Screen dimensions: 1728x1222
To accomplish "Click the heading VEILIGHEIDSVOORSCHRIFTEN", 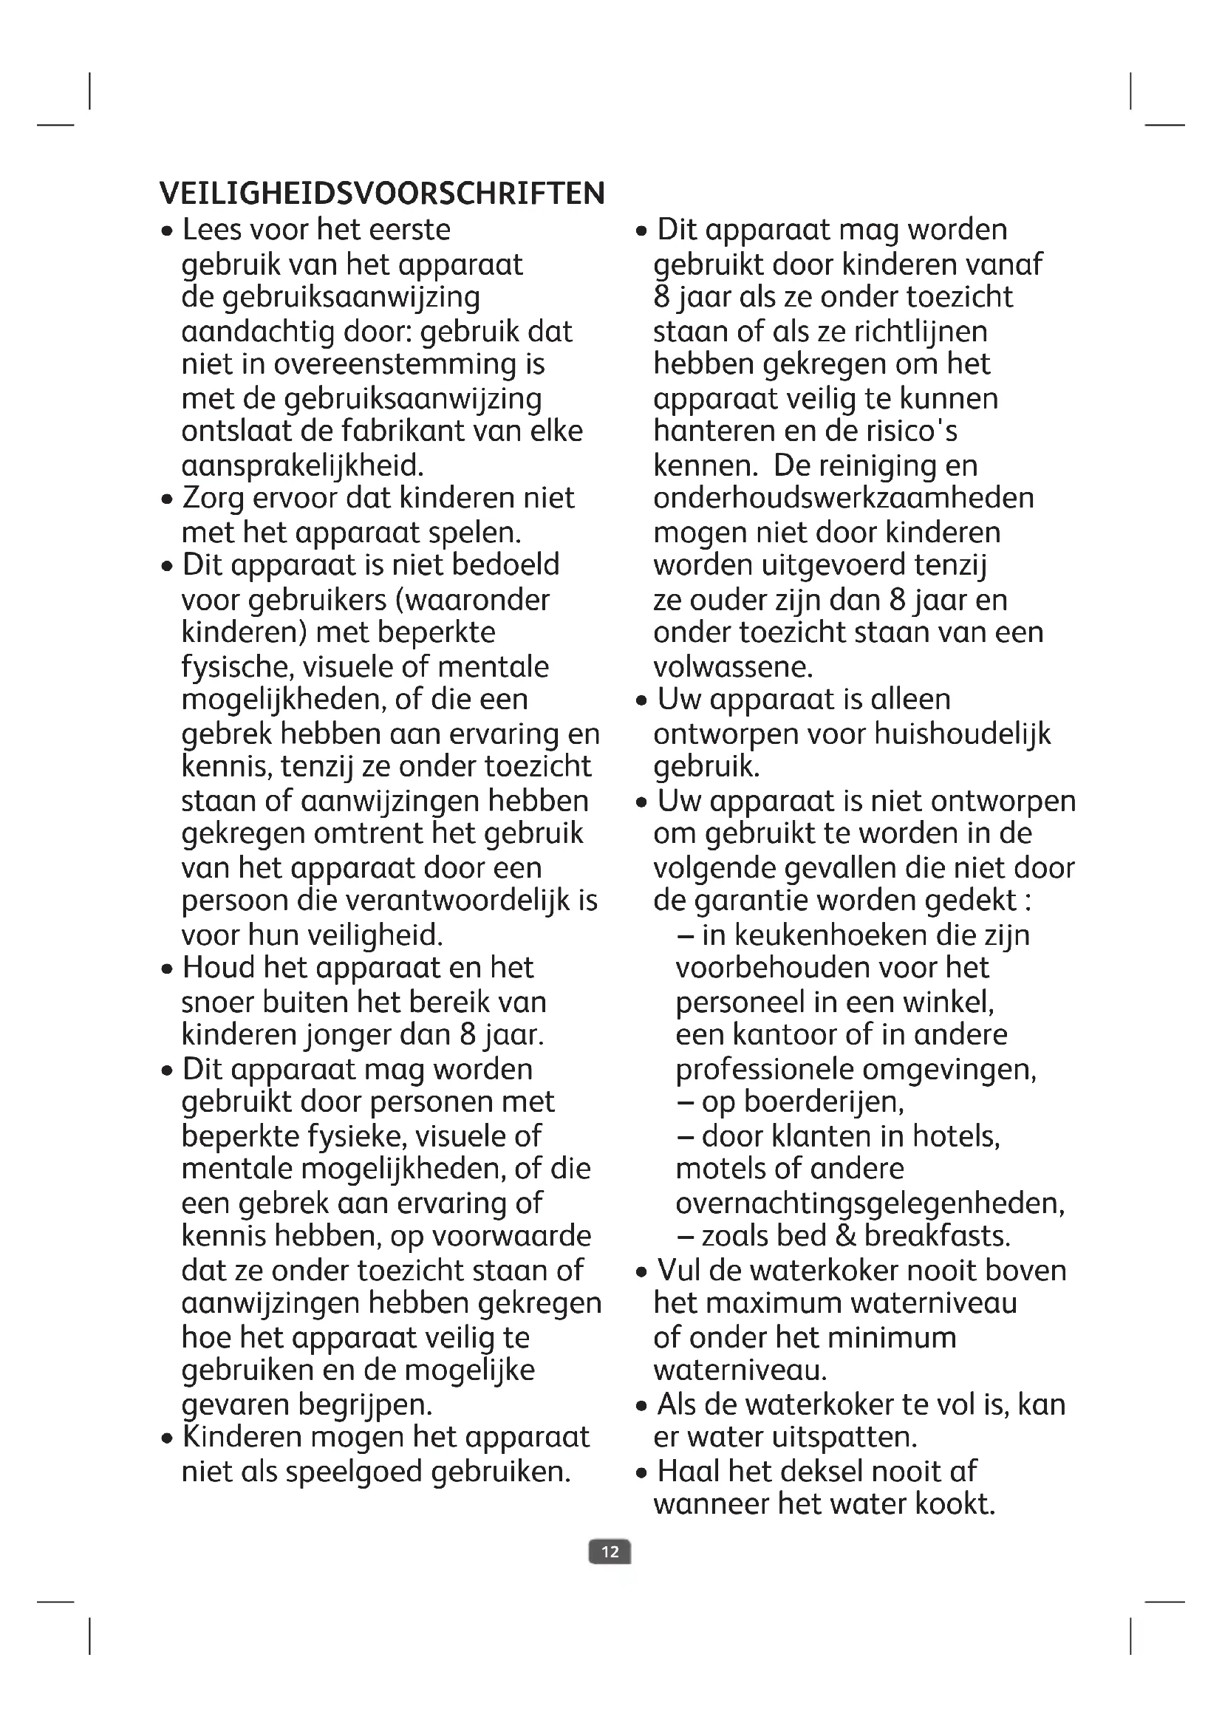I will point(382,194).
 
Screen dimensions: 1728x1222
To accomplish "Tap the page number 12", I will point(610,1552).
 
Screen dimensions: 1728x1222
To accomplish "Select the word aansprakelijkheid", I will point(302,466).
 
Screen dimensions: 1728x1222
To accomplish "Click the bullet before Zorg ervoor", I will point(168,500).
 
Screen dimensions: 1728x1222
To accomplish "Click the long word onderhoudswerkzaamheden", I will point(844,498).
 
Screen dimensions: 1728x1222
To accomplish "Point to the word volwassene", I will point(733,667).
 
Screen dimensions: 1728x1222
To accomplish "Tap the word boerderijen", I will point(822,1102).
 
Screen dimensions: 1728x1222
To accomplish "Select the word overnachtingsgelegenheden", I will point(870,1203).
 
